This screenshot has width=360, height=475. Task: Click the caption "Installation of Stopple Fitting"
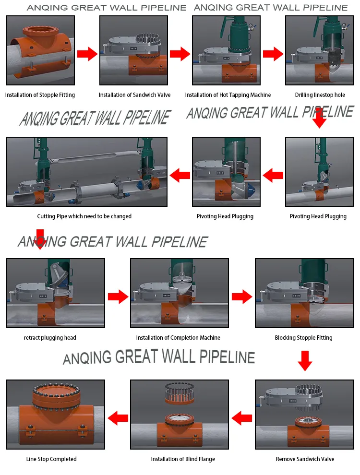tap(40, 95)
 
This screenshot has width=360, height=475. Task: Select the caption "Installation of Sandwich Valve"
tap(134, 95)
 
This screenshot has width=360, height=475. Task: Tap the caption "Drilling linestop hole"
tap(320, 95)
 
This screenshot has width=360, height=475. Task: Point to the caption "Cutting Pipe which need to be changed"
tap(84, 216)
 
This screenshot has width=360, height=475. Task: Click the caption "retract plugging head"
tap(50, 337)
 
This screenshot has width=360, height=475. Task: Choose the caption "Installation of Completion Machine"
tap(178, 337)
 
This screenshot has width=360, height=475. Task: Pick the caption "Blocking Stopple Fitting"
tap(304, 337)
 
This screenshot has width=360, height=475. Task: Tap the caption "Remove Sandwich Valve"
tap(305, 459)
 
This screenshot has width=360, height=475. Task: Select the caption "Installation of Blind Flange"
tap(183, 459)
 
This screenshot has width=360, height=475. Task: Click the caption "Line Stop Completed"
tap(51, 459)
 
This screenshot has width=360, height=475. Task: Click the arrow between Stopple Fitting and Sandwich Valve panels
tap(87, 54)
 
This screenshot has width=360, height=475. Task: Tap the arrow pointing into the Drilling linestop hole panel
tap(273, 54)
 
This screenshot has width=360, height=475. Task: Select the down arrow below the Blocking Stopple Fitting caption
tap(305, 361)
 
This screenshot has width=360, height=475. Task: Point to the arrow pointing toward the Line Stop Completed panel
tap(118, 418)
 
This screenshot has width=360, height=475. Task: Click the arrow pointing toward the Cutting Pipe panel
tap(180, 175)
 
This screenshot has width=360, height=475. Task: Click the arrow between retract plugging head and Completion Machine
tap(118, 297)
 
